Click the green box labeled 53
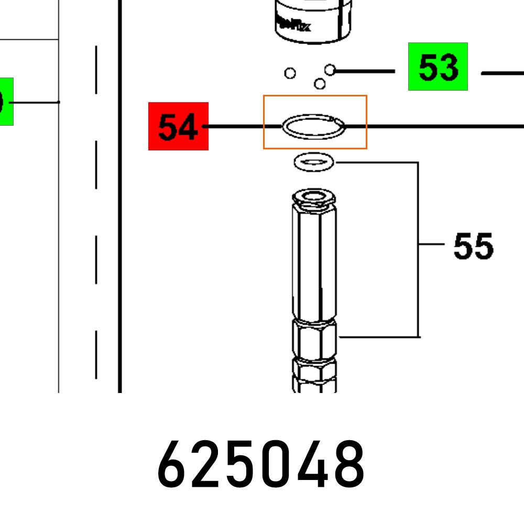tap(438, 67)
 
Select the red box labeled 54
tap(178, 126)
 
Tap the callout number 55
tap(473, 246)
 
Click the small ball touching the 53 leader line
tap(330, 70)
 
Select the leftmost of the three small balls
tap(290, 73)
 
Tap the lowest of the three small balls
tap(319, 84)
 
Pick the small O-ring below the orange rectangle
tap(313, 162)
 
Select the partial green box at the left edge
tap(6, 102)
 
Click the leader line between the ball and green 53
tap(364, 70)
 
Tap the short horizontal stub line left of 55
tap(431, 244)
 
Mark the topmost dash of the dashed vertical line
tap(96, 70)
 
